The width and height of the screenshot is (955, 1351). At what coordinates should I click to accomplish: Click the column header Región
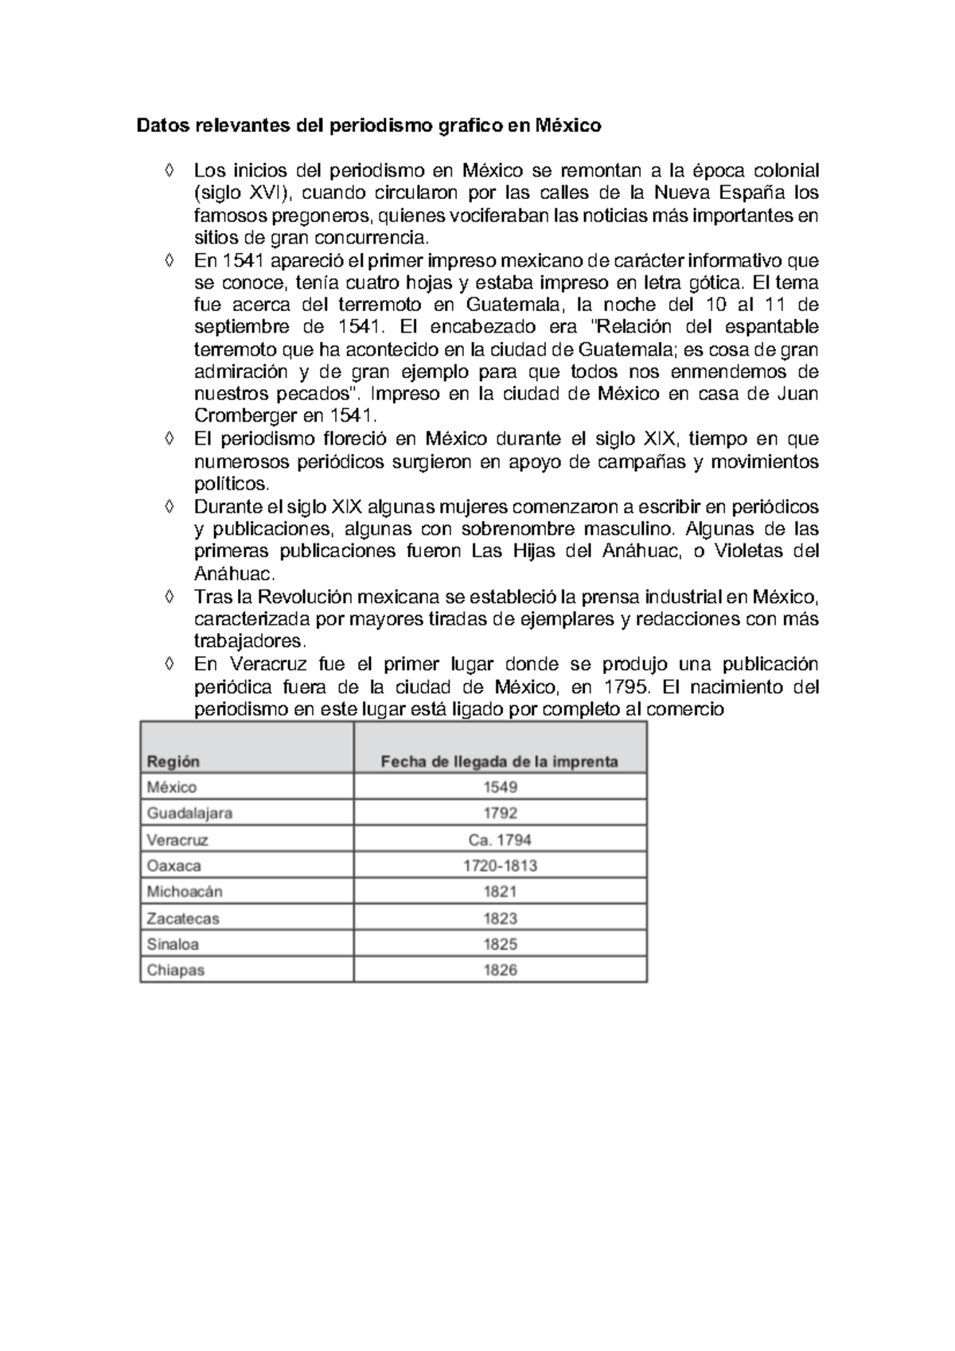(x=173, y=761)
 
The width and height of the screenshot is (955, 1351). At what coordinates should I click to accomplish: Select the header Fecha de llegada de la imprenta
(x=499, y=761)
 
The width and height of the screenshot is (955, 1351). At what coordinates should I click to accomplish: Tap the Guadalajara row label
(x=189, y=813)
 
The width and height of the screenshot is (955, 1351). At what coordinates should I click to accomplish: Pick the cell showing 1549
(x=500, y=787)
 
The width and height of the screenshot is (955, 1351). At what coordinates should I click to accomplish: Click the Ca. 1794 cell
(x=500, y=839)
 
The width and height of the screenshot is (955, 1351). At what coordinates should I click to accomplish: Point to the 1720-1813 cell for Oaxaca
(x=500, y=866)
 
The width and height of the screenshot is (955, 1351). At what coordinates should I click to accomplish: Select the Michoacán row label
(x=185, y=892)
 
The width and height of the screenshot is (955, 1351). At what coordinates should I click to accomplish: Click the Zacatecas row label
(x=182, y=918)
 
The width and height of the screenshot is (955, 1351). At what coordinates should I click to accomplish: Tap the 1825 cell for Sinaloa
(x=500, y=944)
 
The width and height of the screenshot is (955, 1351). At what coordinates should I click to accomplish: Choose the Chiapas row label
(x=175, y=970)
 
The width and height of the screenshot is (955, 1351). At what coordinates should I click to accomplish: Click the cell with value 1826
(x=500, y=970)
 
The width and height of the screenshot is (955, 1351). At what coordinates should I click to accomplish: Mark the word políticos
(x=232, y=484)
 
